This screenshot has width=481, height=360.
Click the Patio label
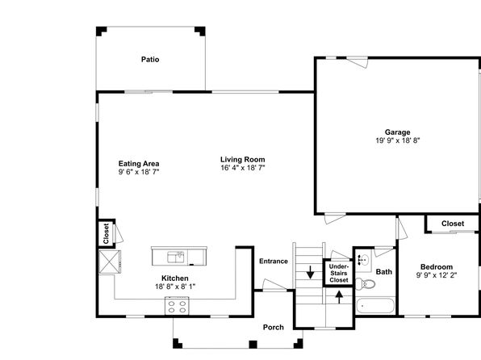(150, 59)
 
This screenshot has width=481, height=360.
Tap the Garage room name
(397, 132)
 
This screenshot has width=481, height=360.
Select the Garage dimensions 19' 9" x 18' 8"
(398, 140)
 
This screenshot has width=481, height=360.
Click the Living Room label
(243, 159)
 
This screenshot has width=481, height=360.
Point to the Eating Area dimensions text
(139, 172)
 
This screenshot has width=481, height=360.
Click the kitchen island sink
(175, 257)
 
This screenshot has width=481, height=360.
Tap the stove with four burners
(177, 306)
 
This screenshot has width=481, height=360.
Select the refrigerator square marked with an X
(110, 262)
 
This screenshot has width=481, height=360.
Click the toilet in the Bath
(366, 283)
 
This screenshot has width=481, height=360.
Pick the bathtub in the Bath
(375, 306)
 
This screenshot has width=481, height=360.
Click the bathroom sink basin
(363, 261)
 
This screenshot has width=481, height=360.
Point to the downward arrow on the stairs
(310, 272)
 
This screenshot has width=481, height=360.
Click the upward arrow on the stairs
(339, 297)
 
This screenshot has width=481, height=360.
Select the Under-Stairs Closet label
(339, 273)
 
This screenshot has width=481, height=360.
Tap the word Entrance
(274, 262)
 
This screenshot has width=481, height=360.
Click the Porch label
(274, 327)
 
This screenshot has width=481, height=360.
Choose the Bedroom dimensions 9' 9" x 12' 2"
(437, 275)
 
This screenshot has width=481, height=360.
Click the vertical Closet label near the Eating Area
(107, 233)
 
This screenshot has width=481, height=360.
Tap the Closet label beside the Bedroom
(453, 224)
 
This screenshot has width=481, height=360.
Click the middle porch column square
(253, 345)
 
